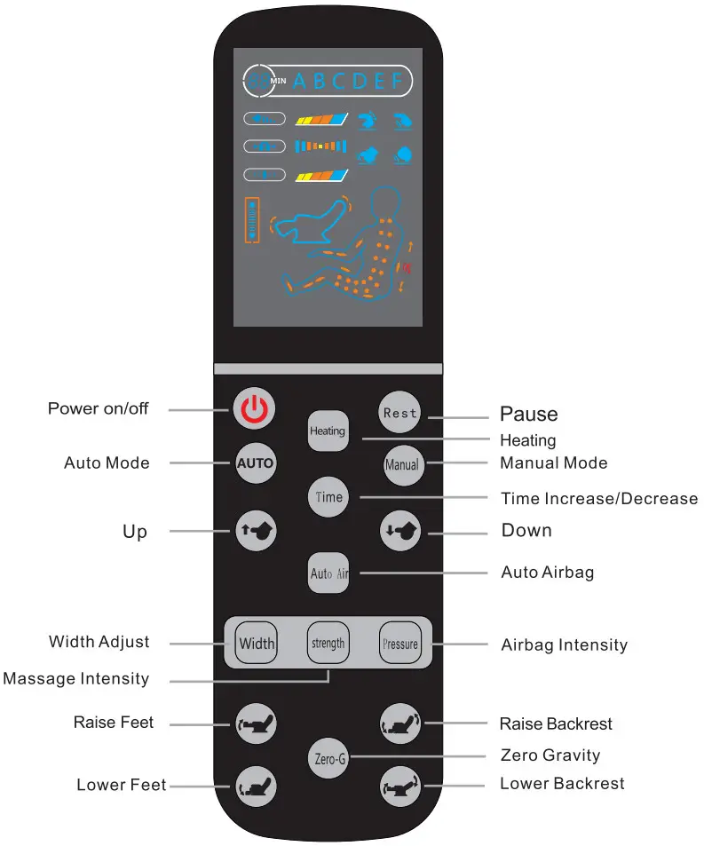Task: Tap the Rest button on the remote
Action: pyautogui.click(x=399, y=413)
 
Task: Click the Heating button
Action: pyautogui.click(x=328, y=431)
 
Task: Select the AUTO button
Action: pyautogui.click(x=255, y=463)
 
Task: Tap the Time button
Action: pyautogui.click(x=328, y=497)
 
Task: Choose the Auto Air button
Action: pyautogui.click(x=328, y=573)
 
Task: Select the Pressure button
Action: pyautogui.click(x=399, y=644)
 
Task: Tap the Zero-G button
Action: pyautogui.click(x=329, y=759)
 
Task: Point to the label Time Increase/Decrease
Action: pyautogui.click(x=598, y=498)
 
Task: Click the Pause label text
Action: pyautogui.click(x=528, y=414)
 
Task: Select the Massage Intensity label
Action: pyautogui.click(x=76, y=679)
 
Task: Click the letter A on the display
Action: pyautogui.click(x=298, y=82)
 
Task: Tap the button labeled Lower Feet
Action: pyautogui.click(x=256, y=786)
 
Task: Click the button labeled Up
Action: pyautogui.click(x=256, y=531)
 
